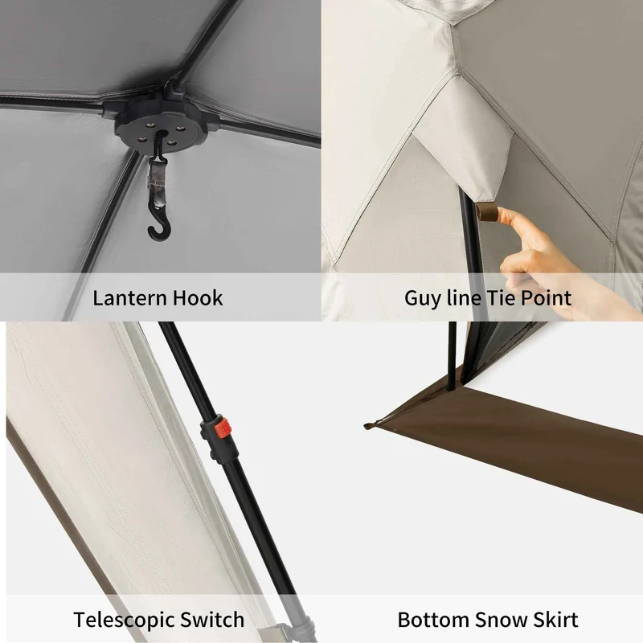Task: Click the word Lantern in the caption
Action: (129, 297)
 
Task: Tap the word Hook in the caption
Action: (198, 297)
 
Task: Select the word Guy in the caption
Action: (424, 299)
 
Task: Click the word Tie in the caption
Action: (500, 297)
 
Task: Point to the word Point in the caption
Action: (546, 297)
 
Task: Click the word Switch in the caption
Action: (212, 619)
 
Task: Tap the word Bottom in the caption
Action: (432, 619)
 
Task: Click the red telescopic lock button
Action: (223, 428)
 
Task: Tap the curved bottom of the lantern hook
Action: (158, 235)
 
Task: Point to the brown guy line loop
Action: (486, 213)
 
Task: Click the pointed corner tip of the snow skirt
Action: (366, 427)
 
